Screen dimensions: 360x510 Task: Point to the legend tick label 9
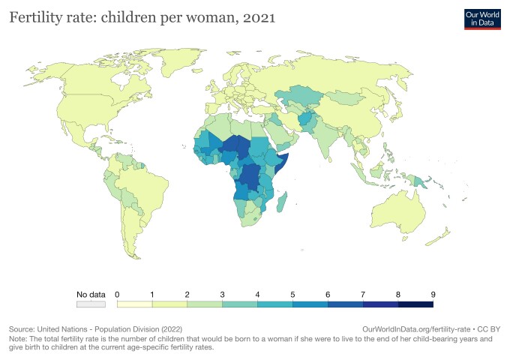pos(433,293)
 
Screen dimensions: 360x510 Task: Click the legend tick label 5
pos(292,293)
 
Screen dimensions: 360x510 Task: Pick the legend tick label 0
pos(118,293)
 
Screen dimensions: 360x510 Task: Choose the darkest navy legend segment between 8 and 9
pos(415,304)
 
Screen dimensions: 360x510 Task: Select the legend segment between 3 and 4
pos(239,304)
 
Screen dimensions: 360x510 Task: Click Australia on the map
pos(402,213)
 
